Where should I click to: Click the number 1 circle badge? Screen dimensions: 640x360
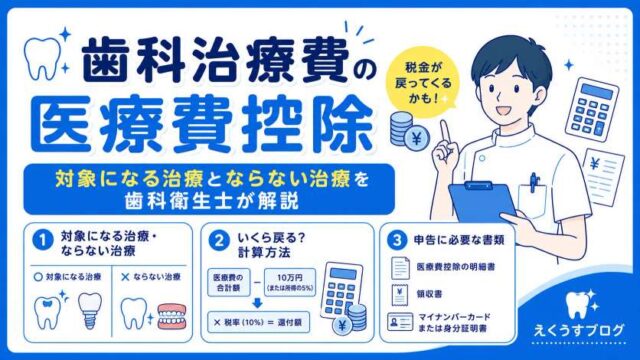coord(42,240)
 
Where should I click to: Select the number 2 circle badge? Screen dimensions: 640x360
coord(219,240)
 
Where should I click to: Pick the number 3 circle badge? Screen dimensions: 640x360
coord(396,240)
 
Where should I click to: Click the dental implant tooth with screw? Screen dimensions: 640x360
coord(90,311)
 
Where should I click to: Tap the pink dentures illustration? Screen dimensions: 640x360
coord(172,316)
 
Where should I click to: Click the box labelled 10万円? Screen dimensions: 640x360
coord(290,282)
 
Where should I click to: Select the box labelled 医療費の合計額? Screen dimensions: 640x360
coord(229,282)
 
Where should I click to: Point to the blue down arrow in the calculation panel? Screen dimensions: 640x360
coord(257,303)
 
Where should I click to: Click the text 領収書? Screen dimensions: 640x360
coord(429,294)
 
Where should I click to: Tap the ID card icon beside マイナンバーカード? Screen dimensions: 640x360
coord(400,322)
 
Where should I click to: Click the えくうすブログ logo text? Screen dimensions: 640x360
coord(579,330)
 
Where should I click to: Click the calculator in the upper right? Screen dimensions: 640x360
coord(592,109)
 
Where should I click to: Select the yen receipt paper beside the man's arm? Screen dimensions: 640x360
coord(604,177)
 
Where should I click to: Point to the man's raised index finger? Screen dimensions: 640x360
coord(445,131)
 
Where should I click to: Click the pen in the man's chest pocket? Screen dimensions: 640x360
coord(533,182)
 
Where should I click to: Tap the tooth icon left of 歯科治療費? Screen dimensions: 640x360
coord(42,58)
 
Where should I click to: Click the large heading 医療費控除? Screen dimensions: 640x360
coord(202,124)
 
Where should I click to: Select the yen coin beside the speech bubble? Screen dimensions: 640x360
coord(417,138)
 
